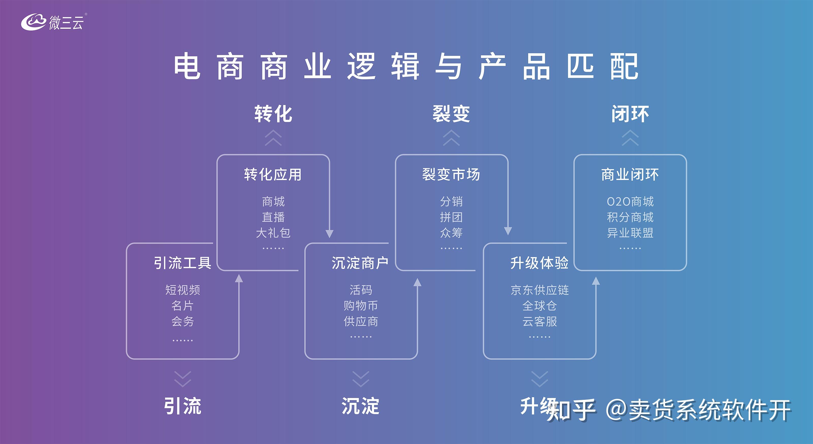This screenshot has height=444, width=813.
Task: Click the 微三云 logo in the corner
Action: coord(52,22)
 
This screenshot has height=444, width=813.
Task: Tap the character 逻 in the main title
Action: coord(361,66)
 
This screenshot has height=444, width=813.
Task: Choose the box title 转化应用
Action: coord(273,175)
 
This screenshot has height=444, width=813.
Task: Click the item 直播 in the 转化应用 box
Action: coord(273,217)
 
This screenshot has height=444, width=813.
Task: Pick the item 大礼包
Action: coord(273,233)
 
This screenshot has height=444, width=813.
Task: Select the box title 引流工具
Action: coord(182,263)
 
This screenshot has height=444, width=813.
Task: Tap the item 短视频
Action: coord(182,290)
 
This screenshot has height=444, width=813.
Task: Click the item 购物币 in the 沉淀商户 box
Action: coord(361,306)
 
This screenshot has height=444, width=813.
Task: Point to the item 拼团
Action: coord(451,217)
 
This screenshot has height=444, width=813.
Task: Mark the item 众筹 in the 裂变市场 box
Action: coord(451,233)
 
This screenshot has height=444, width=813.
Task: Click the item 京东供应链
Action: coord(540,290)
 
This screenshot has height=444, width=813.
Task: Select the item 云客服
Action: coord(540,322)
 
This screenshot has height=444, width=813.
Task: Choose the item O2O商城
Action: coord(630,201)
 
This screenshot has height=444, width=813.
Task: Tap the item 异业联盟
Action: coord(630,233)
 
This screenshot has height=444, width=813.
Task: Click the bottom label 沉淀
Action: coord(361,406)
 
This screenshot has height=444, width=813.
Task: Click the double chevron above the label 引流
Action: coord(182,379)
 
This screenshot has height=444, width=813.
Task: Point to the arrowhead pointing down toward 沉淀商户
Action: coord(329,233)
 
